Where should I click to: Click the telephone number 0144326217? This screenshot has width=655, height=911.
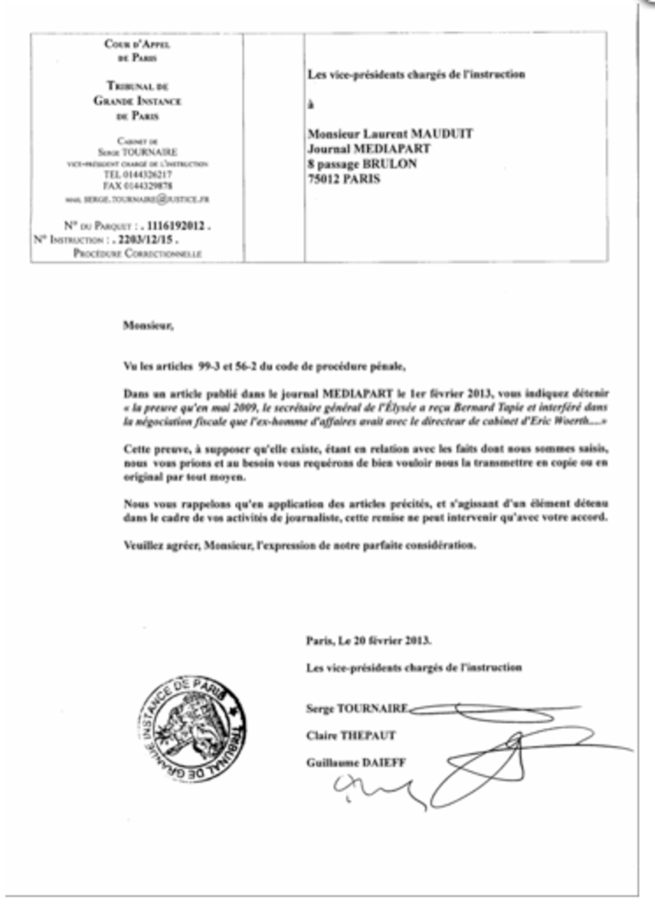pyautogui.click(x=145, y=175)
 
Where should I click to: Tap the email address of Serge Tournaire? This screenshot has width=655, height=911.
pyautogui.click(x=146, y=200)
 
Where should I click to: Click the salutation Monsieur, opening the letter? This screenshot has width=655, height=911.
pyautogui.click(x=148, y=326)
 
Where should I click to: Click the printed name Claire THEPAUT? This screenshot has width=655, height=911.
pyautogui.click(x=350, y=735)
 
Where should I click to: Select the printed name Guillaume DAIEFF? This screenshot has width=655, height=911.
pyautogui.click(x=355, y=763)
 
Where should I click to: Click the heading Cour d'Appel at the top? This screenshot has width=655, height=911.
pyautogui.click(x=137, y=44)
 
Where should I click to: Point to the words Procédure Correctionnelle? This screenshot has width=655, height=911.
pyautogui.click(x=138, y=254)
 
